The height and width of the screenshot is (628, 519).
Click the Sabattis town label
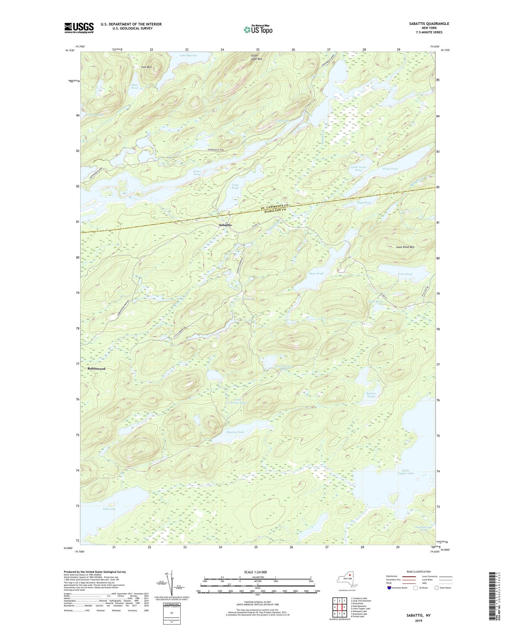[x=225, y=225]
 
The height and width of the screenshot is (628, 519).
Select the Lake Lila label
[x=109, y=509]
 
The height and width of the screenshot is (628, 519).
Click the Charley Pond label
[x=235, y=432]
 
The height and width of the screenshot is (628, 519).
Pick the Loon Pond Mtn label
[x=405, y=247]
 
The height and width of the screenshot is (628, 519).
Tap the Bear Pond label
[x=316, y=273]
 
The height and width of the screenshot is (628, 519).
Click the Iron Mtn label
[x=146, y=67]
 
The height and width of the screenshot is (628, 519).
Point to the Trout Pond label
[x=390, y=169]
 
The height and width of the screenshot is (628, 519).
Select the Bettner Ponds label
[x=371, y=395]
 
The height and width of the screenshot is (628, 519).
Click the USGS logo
[x=79, y=28]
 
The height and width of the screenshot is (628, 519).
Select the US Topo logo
[x=258, y=29]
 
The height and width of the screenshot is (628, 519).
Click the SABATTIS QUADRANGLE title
[x=430, y=24]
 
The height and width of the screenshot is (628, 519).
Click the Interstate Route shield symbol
[x=390, y=588]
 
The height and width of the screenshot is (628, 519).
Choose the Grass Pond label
[x=197, y=173]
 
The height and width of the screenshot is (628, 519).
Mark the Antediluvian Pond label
[x=423, y=529]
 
